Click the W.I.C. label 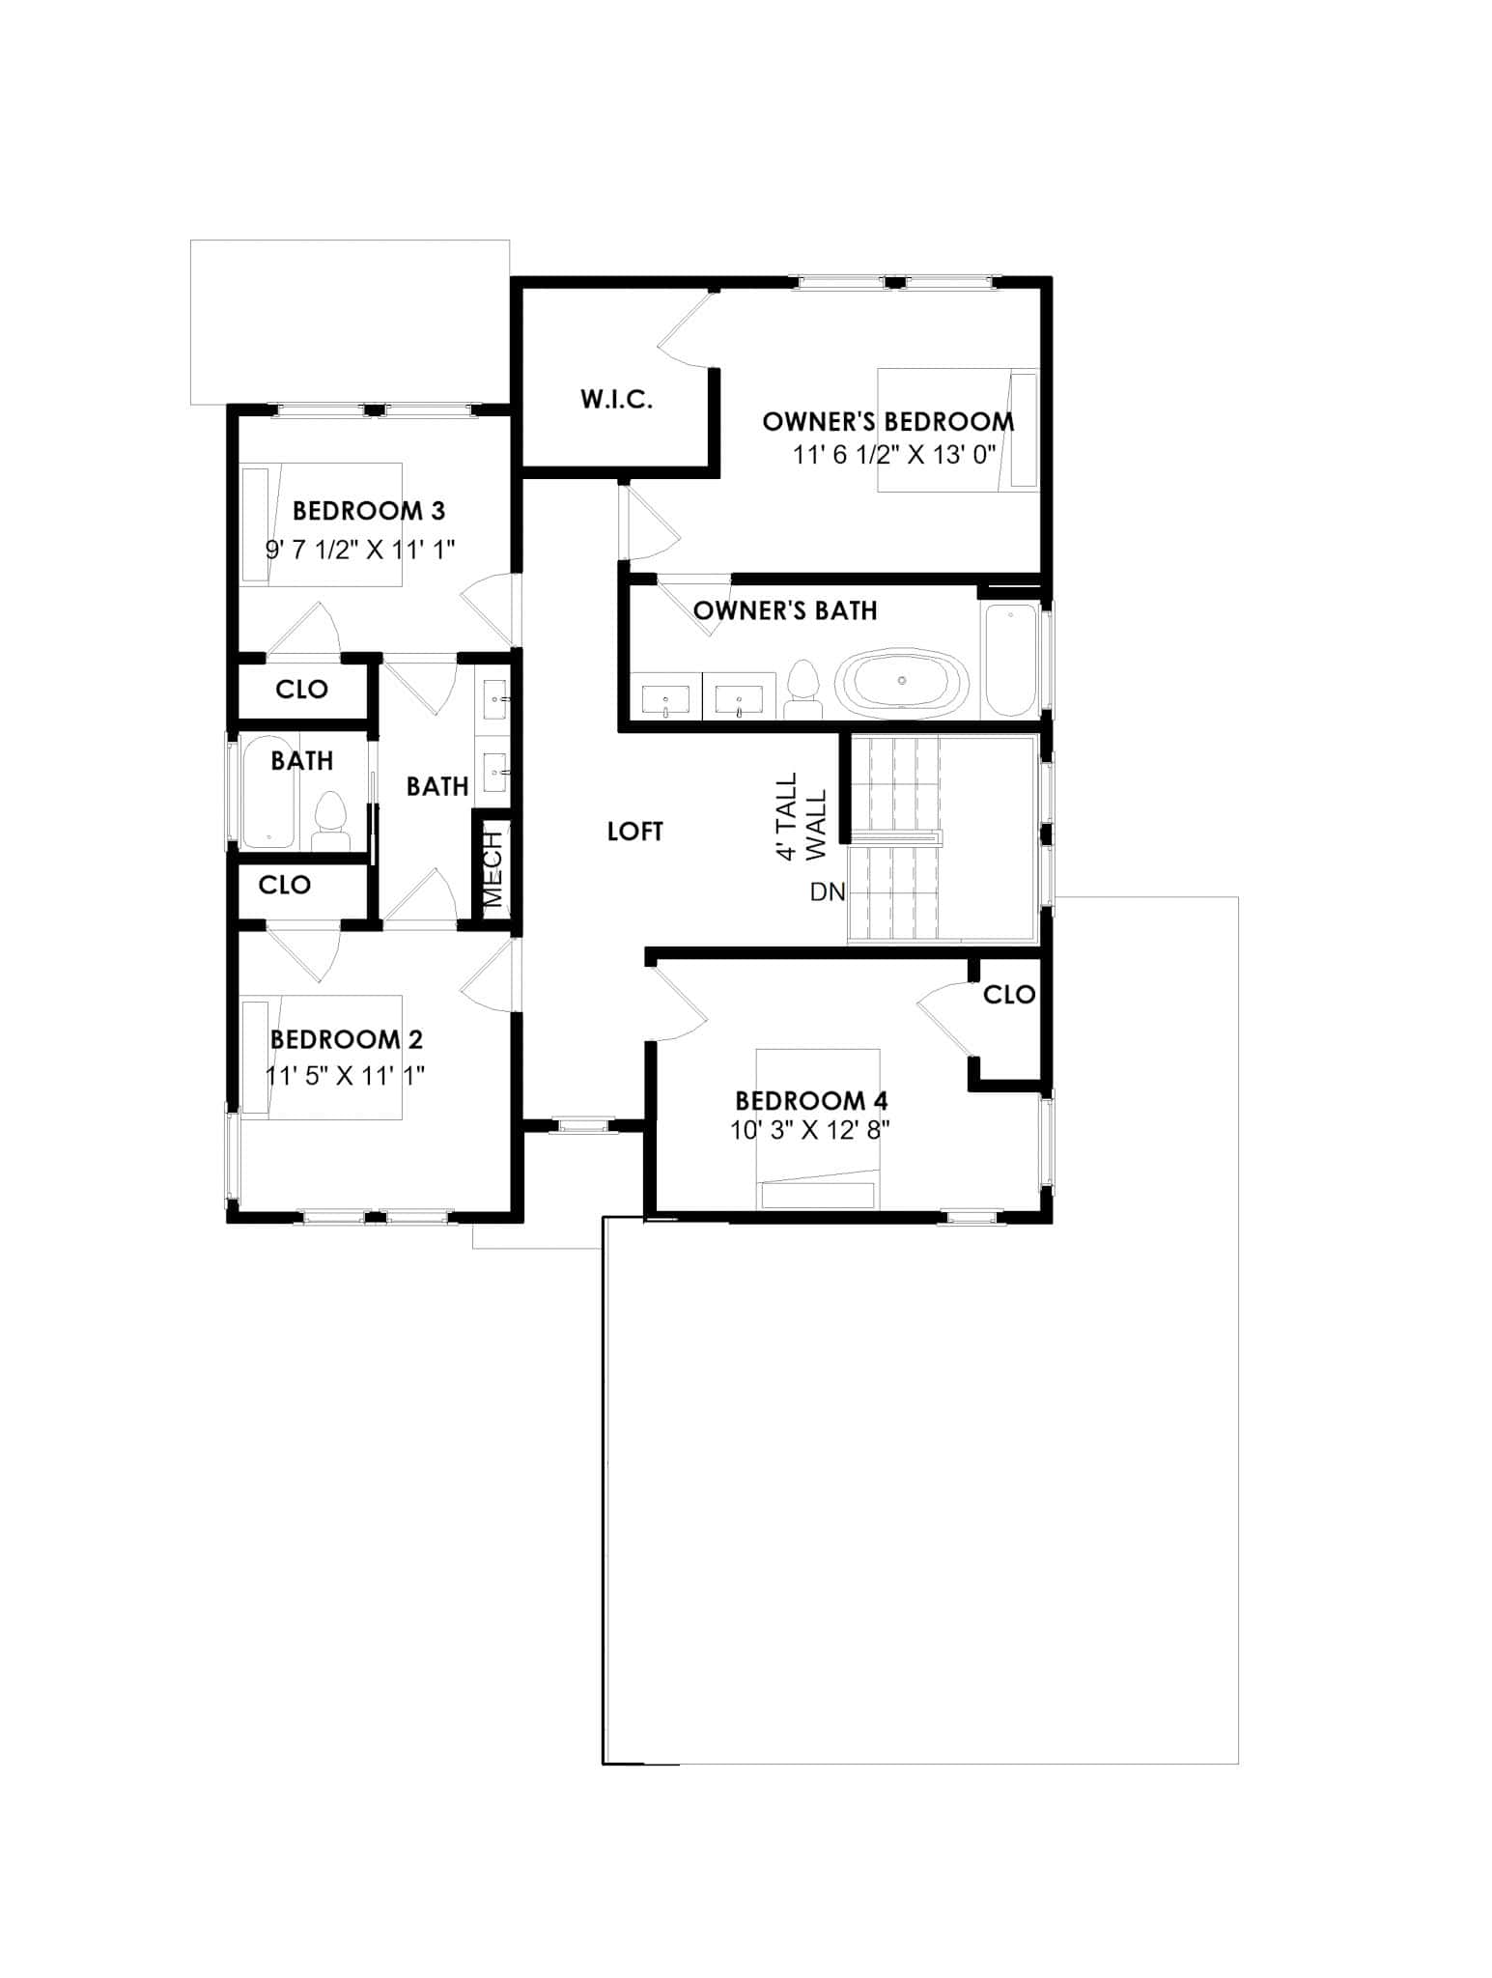pyautogui.click(x=616, y=399)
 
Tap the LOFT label pyautogui.click(x=634, y=831)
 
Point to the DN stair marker pyautogui.click(x=828, y=891)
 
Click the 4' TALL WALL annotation pyautogui.click(x=802, y=816)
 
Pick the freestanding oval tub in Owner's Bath pyautogui.click(x=901, y=682)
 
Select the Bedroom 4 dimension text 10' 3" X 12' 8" pyautogui.click(x=809, y=1130)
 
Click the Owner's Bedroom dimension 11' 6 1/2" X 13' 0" pyautogui.click(x=893, y=454)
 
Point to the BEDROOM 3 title pyautogui.click(x=368, y=510)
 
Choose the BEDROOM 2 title pyautogui.click(x=346, y=1039)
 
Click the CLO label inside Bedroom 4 pyautogui.click(x=1009, y=994)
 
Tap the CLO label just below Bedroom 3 pyautogui.click(x=301, y=689)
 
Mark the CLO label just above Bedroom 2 pyautogui.click(x=285, y=884)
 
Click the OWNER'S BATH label pyautogui.click(x=785, y=610)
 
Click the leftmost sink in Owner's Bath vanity pyautogui.click(x=665, y=697)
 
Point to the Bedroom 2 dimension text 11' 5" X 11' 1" pyautogui.click(x=345, y=1075)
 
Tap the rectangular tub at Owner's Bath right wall pyautogui.click(x=1009, y=659)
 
